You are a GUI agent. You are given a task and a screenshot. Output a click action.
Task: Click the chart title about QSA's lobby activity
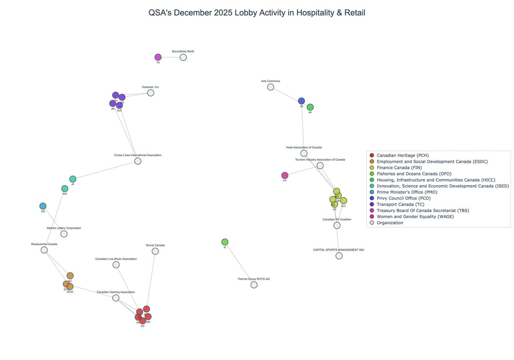coord(257,13)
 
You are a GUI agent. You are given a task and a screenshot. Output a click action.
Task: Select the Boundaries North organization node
coord(183,57)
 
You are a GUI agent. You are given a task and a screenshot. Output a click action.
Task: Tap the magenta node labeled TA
coord(158,57)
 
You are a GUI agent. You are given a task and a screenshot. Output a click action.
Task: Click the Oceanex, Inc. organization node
coord(150,93)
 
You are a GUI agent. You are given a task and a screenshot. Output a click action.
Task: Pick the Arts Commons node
coord(271,87)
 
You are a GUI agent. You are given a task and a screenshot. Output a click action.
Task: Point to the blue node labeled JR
coord(302,101)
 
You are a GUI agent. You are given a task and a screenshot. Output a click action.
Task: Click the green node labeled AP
coord(310,107)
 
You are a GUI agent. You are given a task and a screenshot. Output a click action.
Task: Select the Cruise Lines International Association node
coord(138,161)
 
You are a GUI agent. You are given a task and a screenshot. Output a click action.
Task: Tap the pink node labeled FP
coord(285,175)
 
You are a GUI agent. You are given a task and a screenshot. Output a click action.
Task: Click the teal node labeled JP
coord(73,179)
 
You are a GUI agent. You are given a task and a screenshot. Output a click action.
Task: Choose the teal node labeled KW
coord(65,189)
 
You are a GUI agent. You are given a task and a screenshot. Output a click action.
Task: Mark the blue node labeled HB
coord(43,206)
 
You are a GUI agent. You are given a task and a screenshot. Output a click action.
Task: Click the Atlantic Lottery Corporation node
coord(64,234)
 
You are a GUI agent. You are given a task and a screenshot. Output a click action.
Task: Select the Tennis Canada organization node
coord(155,252)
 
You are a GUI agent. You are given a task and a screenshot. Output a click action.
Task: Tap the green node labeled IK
coord(225,242)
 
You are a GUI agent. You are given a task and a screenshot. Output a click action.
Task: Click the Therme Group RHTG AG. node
coord(254,285)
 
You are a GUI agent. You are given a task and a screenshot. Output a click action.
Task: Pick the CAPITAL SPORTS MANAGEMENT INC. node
coord(339,256)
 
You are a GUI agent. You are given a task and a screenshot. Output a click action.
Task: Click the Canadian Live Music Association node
coord(116,265)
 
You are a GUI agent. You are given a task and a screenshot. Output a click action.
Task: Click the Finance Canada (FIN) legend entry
coord(399,168)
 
